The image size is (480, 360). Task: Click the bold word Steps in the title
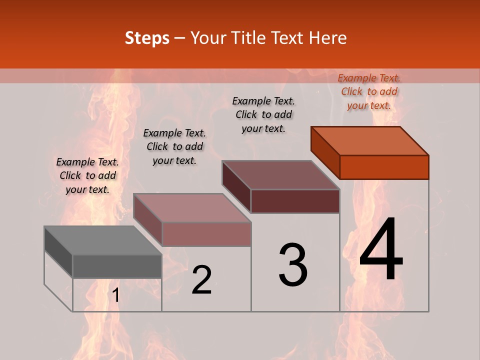[x=147, y=38]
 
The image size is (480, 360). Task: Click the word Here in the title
[x=328, y=38]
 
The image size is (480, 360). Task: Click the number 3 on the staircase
[x=293, y=265]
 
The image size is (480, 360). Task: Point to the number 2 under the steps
[x=201, y=280]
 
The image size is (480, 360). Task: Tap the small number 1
[x=116, y=295]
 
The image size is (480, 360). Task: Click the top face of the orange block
[x=370, y=140]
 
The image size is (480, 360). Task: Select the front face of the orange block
[x=384, y=167]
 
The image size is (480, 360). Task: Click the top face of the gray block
[x=103, y=240]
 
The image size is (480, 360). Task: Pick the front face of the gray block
[x=117, y=266]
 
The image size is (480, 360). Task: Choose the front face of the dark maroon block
[x=295, y=201]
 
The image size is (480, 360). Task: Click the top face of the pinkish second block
[x=192, y=207]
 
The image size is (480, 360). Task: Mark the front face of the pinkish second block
[x=206, y=234]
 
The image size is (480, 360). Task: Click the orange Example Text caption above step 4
[x=369, y=91]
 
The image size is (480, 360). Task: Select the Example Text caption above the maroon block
[x=263, y=114]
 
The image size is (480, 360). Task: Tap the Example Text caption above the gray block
[x=87, y=175]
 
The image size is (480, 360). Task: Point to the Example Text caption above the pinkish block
[x=174, y=146]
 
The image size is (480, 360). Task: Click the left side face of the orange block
[x=325, y=152]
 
